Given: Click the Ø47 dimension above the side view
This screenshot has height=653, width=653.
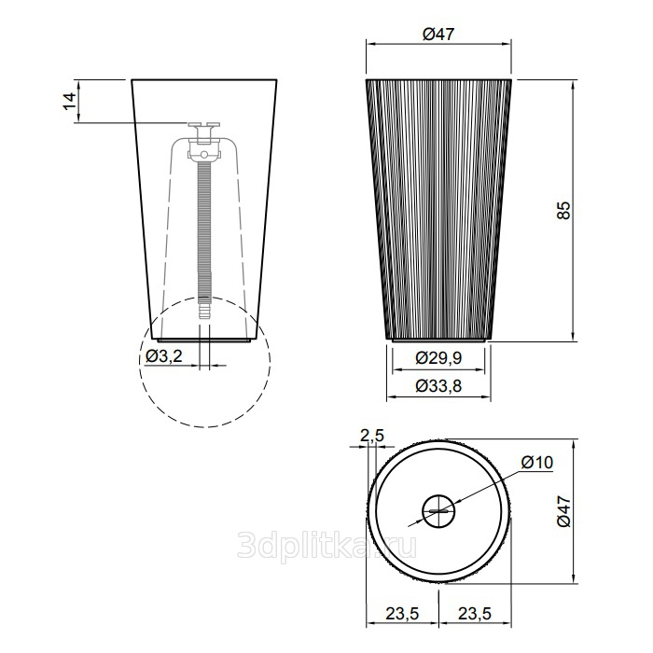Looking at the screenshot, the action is pos(438,34).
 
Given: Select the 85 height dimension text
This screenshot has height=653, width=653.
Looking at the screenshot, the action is pos(563,210).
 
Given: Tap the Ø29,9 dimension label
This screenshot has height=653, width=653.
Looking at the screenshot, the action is pos(438,357).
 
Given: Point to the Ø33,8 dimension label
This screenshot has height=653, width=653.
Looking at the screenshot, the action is pos(438,386).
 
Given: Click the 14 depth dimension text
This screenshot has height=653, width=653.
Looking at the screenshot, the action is pos(70,101).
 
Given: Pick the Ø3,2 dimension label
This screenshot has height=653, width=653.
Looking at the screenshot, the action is pos(164,355).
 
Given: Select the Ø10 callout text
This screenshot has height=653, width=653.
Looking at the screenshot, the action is pos(536,462).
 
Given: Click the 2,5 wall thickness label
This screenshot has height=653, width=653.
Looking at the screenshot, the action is pos(371,436).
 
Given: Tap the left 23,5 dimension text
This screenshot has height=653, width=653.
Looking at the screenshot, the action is pos(402,614).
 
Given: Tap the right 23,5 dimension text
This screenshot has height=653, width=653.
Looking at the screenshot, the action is pos(475,614).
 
